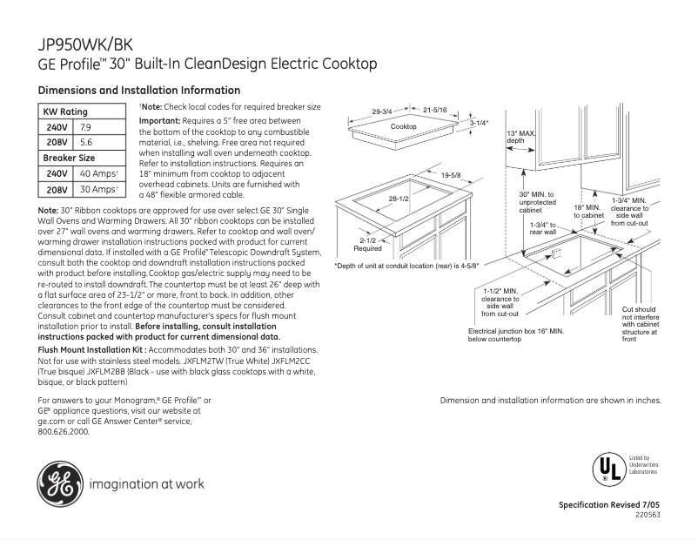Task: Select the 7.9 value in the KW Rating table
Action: coord(86,127)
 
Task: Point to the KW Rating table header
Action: coord(65,111)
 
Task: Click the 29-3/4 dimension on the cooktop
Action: coord(382,111)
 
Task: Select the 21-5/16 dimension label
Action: coord(434,111)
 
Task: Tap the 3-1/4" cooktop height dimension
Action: coord(480,123)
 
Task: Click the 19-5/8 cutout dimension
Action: coord(450,175)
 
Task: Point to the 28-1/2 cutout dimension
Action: coord(399,199)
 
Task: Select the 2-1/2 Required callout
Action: coord(367,243)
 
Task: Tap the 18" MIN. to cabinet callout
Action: coord(588,211)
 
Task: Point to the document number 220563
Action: coord(648,515)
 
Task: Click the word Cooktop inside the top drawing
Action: coord(403,126)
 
